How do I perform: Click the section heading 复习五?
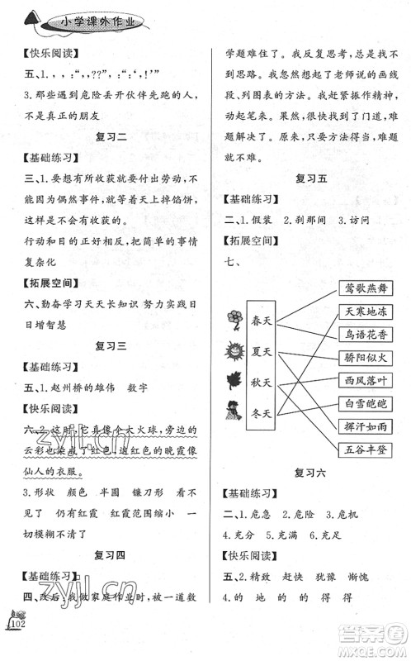click(309, 177)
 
